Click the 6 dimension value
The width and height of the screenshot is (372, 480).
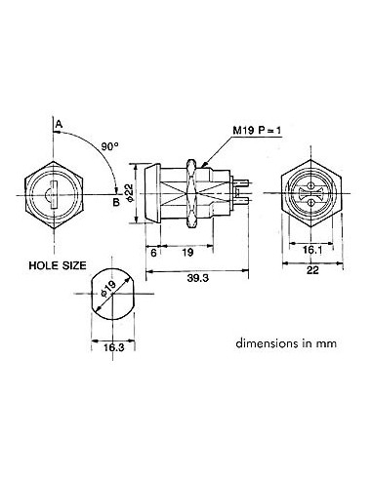point(153,251)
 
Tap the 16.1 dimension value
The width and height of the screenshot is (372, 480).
point(310,250)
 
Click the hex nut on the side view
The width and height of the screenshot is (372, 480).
point(201,191)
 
